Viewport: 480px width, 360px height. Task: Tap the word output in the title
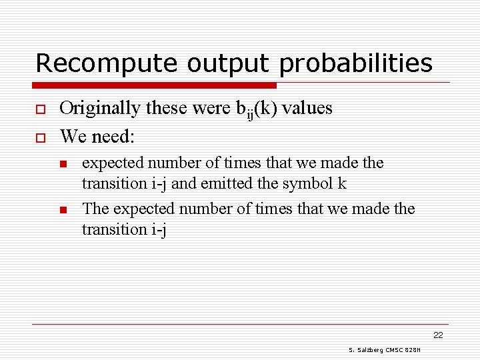(224, 64)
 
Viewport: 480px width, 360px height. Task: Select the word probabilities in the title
(356, 64)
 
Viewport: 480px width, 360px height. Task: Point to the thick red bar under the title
(155, 85)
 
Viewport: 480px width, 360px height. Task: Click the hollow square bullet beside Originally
(39, 109)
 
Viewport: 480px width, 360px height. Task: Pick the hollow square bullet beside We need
(39, 137)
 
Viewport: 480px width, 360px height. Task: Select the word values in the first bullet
(307, 108)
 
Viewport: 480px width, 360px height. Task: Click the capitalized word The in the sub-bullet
(95, 209)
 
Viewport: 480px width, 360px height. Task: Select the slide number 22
(438, 335)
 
